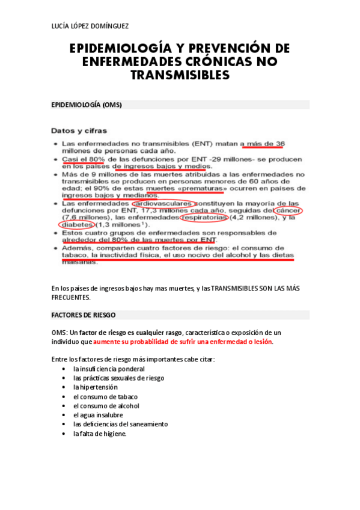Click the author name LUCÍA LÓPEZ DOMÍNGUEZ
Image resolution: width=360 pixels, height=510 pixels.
(x=90, y=25)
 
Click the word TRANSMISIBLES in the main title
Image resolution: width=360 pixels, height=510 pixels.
(x=180, y=75)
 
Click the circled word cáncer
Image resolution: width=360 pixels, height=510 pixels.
(x=287, y=210)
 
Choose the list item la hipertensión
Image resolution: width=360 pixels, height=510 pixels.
(x=96, y=387)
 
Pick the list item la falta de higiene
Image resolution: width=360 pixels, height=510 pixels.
(x=100, y=434)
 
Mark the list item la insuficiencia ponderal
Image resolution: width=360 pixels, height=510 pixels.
(x=109, y=369)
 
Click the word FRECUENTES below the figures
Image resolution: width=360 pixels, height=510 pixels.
(x=71, y=297)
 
